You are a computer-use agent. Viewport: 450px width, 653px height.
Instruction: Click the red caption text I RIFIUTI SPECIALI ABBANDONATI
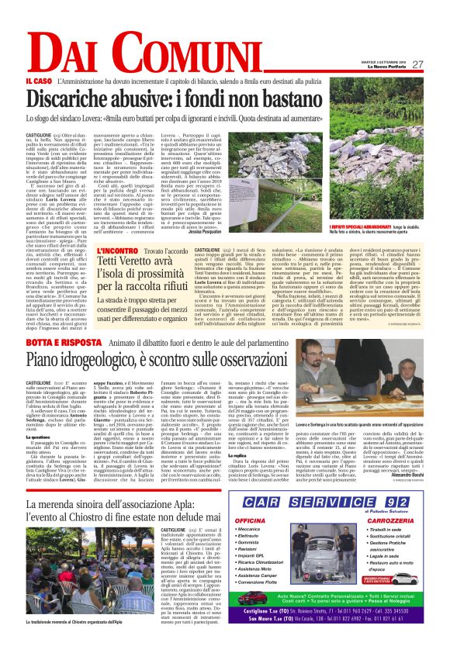(x=335, y=224)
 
